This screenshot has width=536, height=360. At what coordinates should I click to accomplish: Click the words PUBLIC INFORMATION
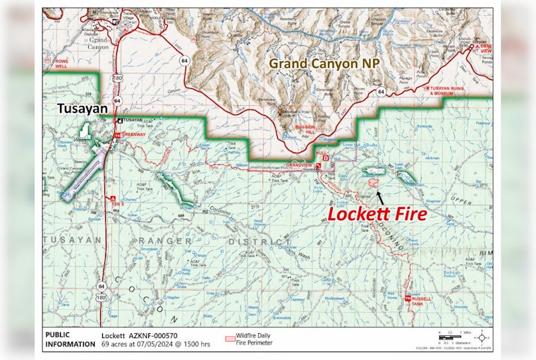pos(69,340)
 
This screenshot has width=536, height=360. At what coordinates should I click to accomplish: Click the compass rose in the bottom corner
pos(482,337)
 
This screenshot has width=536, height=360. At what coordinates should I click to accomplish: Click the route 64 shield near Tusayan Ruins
pos(380,92)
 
